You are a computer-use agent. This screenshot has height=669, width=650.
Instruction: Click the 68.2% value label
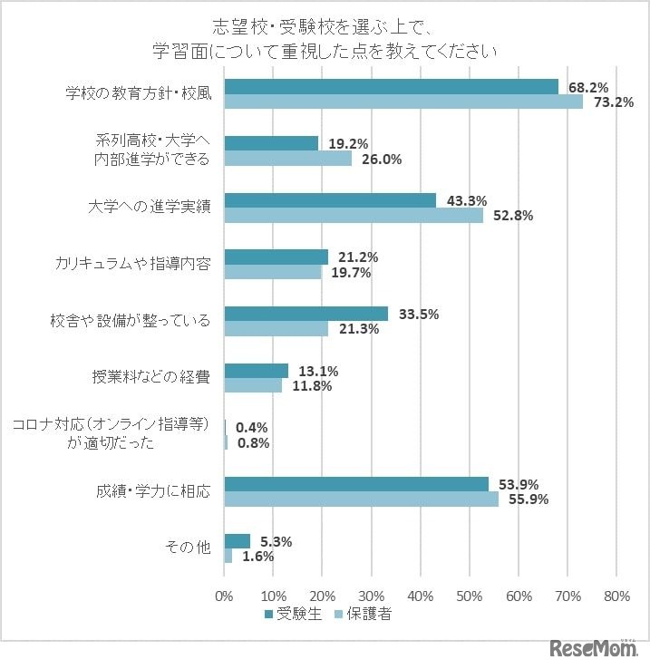587,87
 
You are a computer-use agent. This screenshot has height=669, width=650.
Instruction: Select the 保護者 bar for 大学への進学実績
354,215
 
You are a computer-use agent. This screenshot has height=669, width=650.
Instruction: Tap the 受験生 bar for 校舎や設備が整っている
306,314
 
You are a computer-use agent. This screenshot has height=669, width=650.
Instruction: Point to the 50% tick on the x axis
469,596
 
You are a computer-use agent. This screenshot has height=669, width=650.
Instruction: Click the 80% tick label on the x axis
616,596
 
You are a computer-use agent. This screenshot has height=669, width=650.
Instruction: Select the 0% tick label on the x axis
224,596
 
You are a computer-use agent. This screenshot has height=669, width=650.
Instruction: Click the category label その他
187,548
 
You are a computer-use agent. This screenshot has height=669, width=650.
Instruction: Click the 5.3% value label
272,541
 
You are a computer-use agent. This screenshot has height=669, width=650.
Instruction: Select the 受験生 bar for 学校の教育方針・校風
391,86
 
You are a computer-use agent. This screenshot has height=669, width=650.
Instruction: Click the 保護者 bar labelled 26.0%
287,159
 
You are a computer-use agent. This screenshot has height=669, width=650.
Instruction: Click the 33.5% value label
418,315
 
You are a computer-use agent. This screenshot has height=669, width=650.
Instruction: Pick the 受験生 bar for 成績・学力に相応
355,484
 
